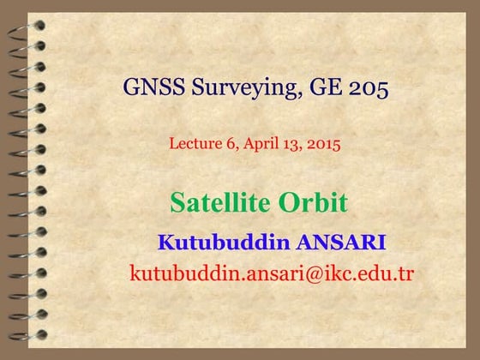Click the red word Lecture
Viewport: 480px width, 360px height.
point(195,144)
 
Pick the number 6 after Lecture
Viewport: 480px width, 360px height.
point(231,144)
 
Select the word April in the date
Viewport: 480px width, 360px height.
point(258,144)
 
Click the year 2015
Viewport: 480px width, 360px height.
point(323,144)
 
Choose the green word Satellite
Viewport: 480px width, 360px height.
point(219,203)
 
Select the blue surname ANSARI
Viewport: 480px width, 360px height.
point(341,243)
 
